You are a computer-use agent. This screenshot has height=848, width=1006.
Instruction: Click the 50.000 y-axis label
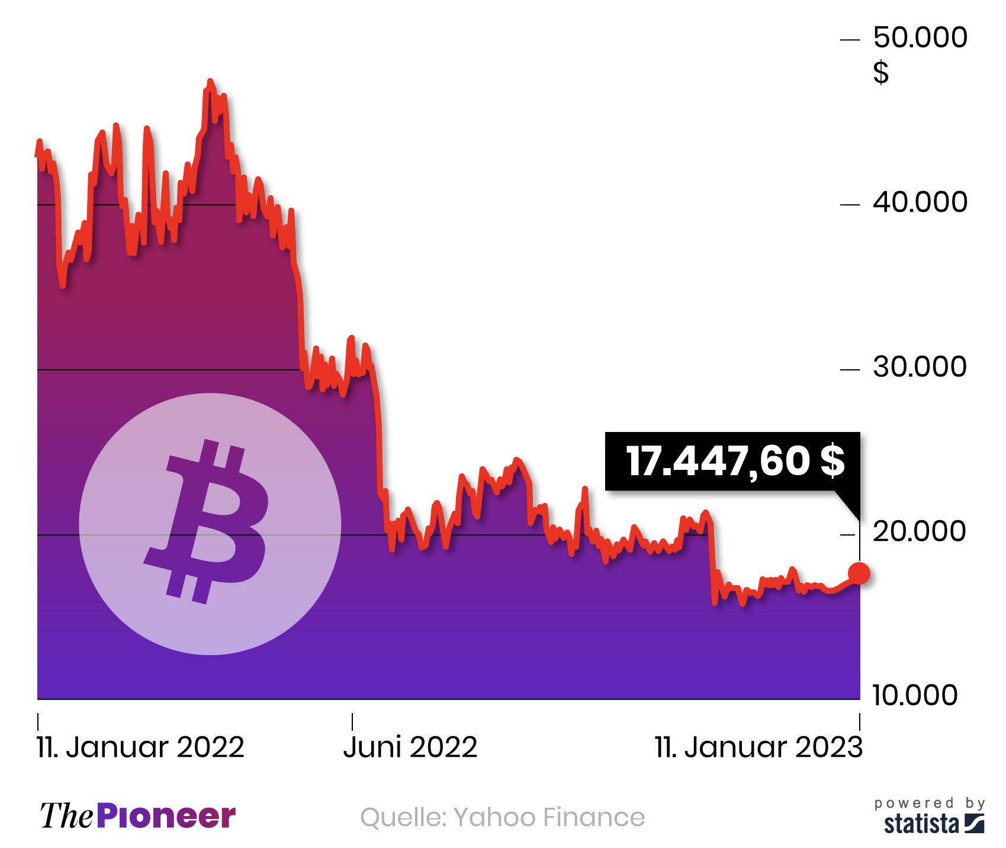pos(920,37)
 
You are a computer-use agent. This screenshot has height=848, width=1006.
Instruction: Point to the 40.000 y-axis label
pos(920,202)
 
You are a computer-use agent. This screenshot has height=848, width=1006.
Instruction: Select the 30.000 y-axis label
pos(920,367)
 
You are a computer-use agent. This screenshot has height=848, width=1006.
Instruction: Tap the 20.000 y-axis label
pos(920,531)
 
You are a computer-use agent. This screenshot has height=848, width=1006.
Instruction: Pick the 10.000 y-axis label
pos(915,695)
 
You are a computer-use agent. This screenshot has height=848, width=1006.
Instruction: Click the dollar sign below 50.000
pos(881,72)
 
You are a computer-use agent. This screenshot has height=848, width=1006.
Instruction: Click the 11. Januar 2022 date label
pos(140,747)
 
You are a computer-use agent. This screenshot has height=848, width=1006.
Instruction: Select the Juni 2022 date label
pos(410,747)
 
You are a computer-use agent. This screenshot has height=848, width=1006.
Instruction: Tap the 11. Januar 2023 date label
pos(758,747)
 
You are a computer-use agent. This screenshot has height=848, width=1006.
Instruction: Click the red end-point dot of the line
pos(859,573)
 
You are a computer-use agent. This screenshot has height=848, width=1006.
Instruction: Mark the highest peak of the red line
pos(210,81)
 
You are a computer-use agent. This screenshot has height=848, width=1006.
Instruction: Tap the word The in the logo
pos(66,817)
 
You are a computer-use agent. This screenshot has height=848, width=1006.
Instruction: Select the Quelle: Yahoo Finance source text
pos(502,817)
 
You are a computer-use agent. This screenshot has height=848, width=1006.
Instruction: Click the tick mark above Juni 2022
pos(352,721)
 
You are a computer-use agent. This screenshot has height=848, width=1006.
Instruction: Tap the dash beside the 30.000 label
pos(850,370)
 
